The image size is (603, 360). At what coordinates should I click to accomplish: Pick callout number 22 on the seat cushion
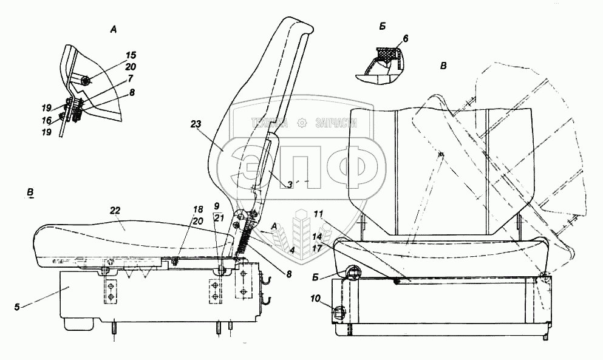click(115, 211)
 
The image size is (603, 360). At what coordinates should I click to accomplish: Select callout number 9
click(217, 206)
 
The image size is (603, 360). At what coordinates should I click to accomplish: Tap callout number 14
click(317, 237)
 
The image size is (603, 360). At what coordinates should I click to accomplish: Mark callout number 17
click(317, 248)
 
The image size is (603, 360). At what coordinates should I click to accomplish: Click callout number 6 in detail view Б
click(406, 38)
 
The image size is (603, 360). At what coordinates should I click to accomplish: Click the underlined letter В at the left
click(30, 192)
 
